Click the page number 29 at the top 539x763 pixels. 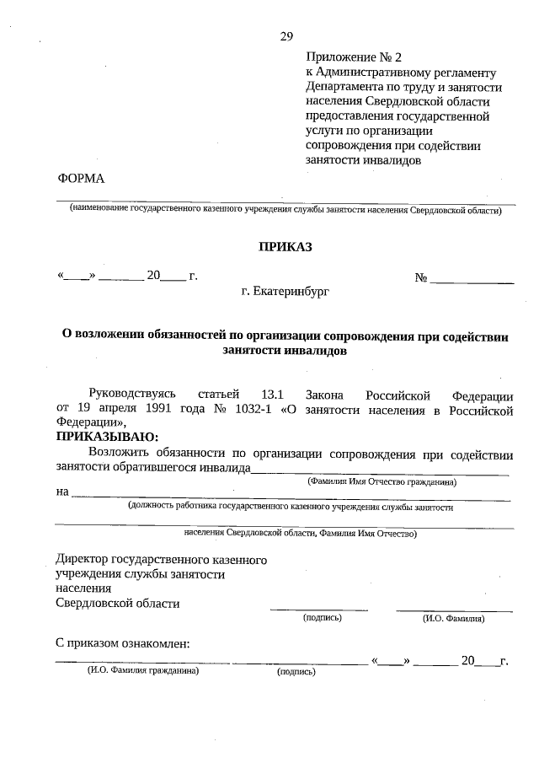286,36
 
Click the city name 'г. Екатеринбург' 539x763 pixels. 285,292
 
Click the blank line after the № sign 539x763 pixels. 472,279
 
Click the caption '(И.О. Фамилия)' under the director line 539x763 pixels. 453,618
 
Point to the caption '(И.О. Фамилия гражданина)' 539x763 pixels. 142,671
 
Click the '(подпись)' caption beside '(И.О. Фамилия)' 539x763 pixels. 322,618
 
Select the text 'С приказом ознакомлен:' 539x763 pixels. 122,644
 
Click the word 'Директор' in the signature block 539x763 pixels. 81,559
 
